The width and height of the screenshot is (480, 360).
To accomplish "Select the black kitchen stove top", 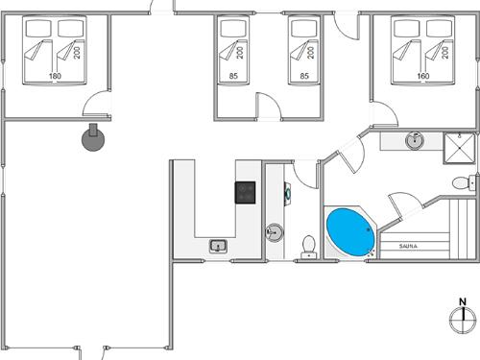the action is click(246, 192).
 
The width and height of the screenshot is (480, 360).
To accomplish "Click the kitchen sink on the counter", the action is click(219, 247).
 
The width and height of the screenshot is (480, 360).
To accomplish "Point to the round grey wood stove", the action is click(94, 139).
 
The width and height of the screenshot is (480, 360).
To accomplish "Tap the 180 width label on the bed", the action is click(55, 76).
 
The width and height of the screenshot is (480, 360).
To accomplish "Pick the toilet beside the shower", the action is click(460, 182).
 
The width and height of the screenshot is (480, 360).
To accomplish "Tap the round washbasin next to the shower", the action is click(415, 141).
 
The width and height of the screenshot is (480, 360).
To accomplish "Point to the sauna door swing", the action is click(401, 204).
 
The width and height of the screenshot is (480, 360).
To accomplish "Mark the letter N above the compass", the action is click(463, 303).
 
